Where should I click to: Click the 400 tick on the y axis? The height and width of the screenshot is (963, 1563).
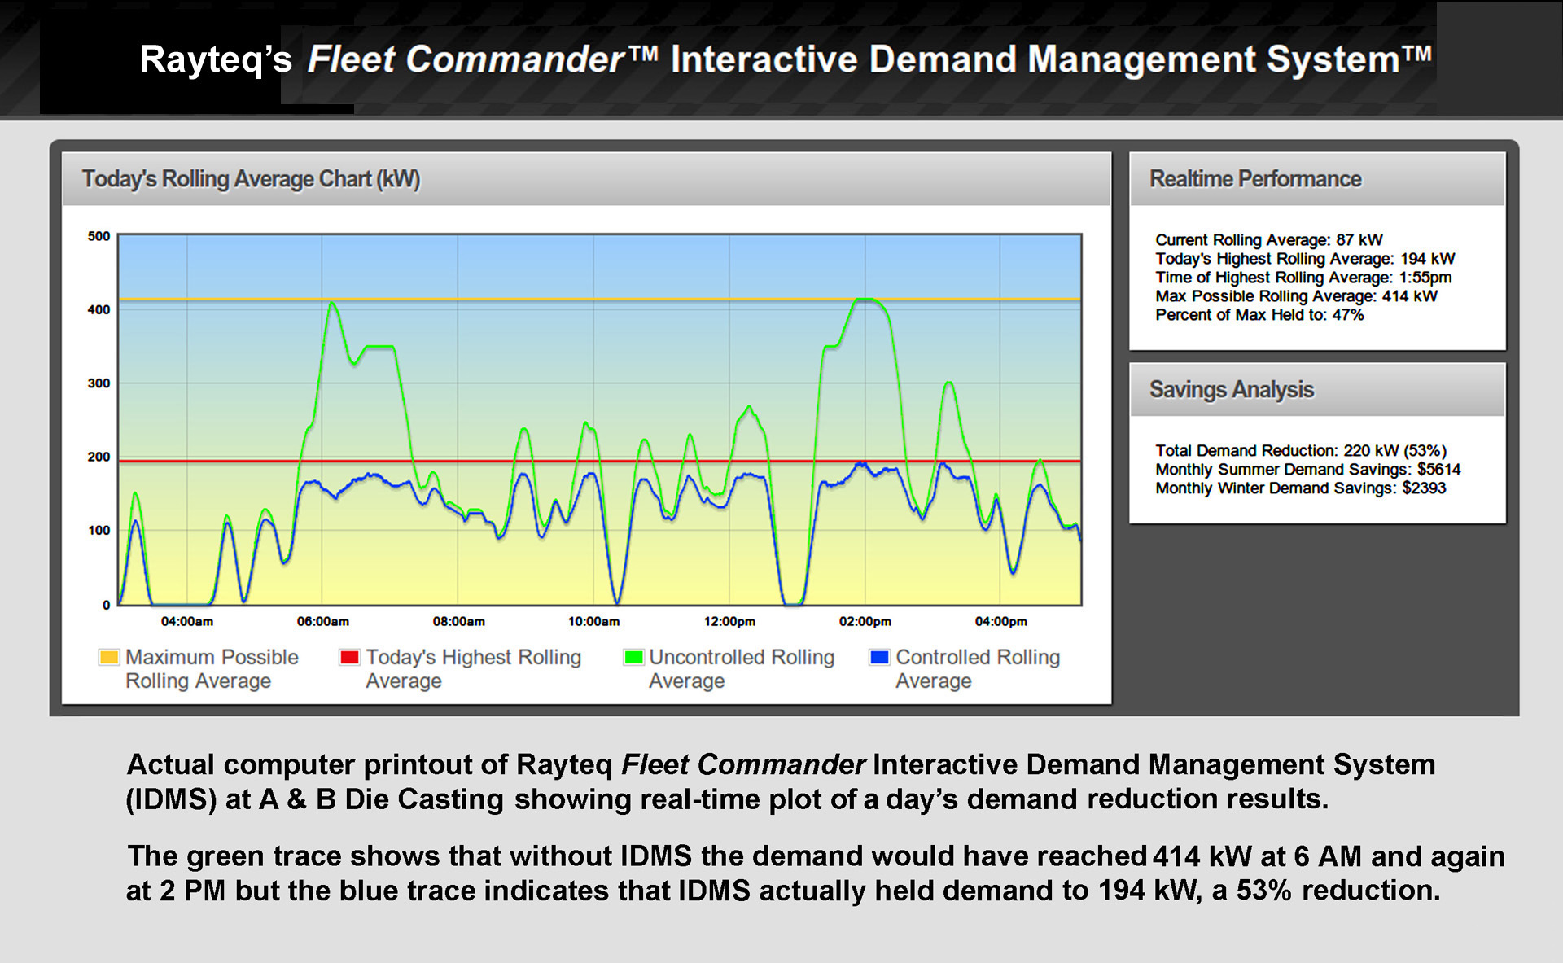99,310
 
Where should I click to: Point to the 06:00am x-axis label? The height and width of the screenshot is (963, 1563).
322,622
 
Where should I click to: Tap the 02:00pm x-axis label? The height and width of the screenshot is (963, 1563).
865,622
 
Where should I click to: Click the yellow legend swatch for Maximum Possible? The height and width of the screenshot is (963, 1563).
108,657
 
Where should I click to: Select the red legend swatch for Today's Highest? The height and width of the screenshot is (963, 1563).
349,657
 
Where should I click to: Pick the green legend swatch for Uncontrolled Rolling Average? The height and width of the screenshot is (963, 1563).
633,657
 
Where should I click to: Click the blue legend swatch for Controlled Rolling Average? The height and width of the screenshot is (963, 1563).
879,657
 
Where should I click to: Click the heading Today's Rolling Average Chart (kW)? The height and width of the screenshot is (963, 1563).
251,179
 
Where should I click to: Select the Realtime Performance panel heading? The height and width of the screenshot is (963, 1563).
1254,179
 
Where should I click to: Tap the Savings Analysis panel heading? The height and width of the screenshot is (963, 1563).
1231,390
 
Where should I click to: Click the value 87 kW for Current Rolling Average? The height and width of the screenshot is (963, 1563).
1359,240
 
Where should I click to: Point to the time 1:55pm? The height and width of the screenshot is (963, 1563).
1425,278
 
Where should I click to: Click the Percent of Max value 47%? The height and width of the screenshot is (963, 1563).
1347,315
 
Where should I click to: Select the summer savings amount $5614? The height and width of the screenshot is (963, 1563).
1438,470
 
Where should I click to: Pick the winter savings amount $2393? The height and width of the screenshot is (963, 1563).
1424,488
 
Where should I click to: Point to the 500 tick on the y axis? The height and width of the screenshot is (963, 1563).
99,237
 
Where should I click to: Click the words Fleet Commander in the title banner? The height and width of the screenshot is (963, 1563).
466,60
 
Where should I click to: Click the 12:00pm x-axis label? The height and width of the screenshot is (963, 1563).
729,622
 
